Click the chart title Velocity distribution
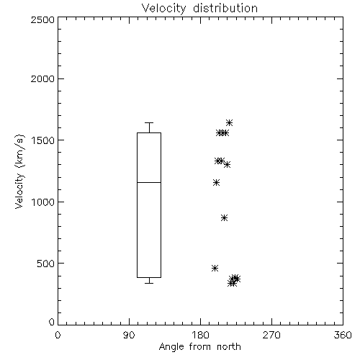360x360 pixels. [199, 8]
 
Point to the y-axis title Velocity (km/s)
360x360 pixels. [19, 171]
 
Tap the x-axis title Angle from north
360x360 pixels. [199, 347]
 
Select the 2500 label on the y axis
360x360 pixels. [42, 19]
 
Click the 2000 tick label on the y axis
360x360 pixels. [42, 78]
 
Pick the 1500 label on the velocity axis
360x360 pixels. [43, 140]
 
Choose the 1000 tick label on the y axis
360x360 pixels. [43, 202]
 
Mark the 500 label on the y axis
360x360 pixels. [46, 264]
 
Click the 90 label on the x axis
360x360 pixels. [129, 335]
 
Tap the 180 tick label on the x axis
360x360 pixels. [200, 335]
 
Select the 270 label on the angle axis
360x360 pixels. [271, 335]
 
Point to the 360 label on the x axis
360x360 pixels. [343, 335]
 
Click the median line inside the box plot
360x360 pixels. [149, 182]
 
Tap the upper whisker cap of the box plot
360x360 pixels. [149, 123]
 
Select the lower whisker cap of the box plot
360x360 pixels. [149, 283]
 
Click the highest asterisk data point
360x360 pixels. [229, 123]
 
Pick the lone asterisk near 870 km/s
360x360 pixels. [224, 218]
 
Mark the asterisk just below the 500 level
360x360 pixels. [215, 268]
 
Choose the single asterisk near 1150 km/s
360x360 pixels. [217, 183]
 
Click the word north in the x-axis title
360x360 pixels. [229, 347]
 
